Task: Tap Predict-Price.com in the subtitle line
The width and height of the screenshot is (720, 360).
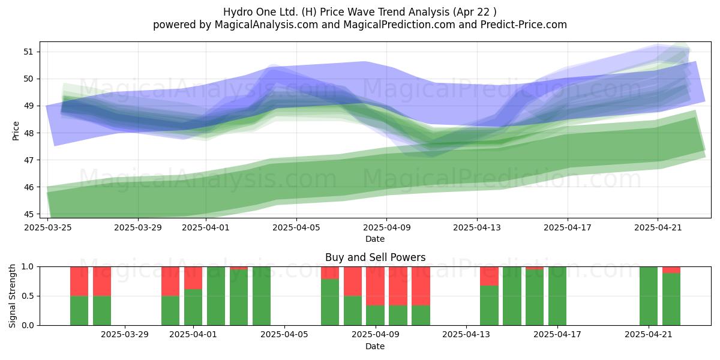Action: coord(524,25)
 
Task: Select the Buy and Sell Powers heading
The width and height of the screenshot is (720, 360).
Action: coord(375,257)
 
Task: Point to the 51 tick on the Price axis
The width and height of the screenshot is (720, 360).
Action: coord(28,52)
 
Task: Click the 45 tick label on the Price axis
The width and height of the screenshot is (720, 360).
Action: coord(28,214)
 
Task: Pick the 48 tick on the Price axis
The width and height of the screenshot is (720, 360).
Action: coord(28,133)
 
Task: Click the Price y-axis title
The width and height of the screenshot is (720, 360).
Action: coord(16,131)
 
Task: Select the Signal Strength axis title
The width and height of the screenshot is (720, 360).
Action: coord(12,296)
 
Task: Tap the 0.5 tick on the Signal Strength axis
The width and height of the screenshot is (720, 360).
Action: coord(28,296)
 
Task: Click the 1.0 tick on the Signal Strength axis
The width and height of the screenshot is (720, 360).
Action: coord(28,267)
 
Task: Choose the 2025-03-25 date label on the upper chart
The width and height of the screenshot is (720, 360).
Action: coord(48,227)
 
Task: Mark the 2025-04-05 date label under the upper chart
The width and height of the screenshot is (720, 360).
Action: coord(296,227)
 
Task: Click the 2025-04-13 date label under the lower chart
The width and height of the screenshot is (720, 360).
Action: coord(466,335)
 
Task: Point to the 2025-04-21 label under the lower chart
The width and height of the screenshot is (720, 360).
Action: coord(649,335)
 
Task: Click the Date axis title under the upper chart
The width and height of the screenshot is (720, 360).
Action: coord(375,239)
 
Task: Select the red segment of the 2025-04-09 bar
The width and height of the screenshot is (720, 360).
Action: coord(375,286)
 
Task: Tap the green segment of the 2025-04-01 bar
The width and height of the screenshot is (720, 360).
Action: coord(193,307)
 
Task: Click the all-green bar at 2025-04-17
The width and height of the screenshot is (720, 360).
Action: coord(557,296)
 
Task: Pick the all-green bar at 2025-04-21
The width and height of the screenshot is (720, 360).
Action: coord(649,296)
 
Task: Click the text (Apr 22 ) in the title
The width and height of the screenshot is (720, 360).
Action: coord(475,12)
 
